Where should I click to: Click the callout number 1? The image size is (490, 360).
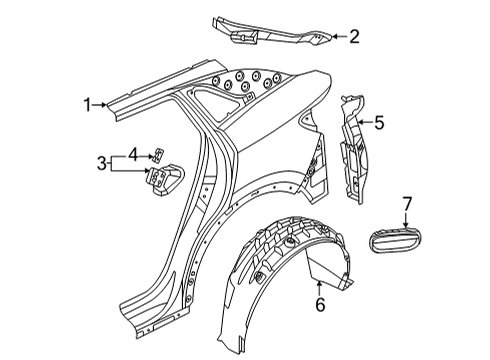(87, 105)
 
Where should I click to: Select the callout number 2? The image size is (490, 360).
(354, 37)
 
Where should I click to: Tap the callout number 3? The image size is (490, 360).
(102, 163)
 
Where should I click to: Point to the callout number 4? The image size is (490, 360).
(133, 155)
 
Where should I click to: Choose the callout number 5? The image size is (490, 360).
(379, 123)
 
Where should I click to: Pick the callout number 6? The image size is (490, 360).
(320, 305)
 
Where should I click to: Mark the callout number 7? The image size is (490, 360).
(407, 204)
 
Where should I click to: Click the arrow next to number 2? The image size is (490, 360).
(339, 37)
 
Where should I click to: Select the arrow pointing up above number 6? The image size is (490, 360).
(320, 288)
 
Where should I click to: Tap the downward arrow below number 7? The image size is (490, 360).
(406, 221)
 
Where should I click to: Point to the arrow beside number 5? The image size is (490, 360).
(365, 123)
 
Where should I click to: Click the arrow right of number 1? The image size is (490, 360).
(99, 105)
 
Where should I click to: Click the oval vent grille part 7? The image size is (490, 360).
(396, 240)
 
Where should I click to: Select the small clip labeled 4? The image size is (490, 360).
(158, 154)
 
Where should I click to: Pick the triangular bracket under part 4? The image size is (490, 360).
(164, 178)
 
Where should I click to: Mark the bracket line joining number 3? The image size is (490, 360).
(111, 163)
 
